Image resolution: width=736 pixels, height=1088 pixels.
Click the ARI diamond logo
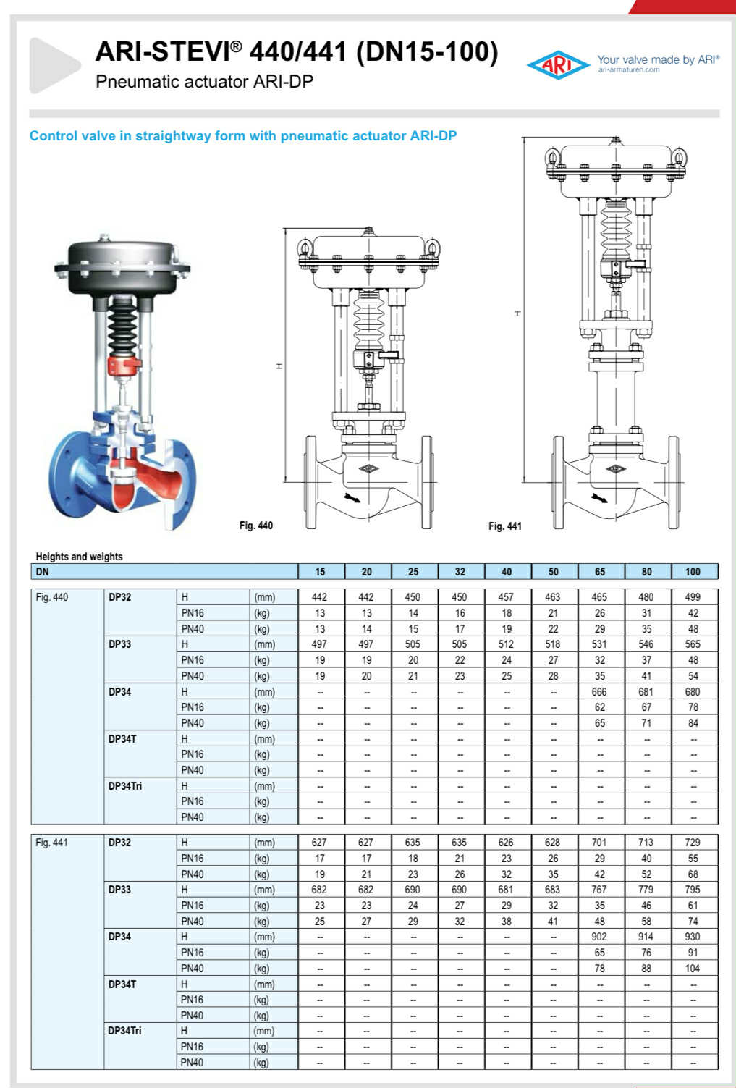click(x=558, y=65)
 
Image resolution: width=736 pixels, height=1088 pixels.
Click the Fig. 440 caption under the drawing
click(x=255, y=526)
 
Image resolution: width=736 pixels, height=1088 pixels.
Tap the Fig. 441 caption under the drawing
click(x=504, y=526)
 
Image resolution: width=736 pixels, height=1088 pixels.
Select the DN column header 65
click(x=600, y=572)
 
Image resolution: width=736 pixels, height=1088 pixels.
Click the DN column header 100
click(x=693, y=572)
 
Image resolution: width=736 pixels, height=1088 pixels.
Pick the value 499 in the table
click(x=693, y=597)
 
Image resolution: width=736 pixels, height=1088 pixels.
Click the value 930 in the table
click(x=693, y=937)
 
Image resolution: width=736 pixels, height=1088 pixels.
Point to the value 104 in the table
click(x=693, y=969)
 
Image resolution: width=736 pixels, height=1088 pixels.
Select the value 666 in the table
click(x=599, y=692)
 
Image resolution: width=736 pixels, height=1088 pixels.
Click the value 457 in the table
click(x=506, y=597)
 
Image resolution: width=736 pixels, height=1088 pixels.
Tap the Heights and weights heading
click(x=79, y=557)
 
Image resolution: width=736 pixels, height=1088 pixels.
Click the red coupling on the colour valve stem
click(x=122, y=364)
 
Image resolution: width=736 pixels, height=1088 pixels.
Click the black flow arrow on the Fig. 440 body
click(x=354, y=499)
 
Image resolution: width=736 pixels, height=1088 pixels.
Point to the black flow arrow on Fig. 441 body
click(x=600, y=499)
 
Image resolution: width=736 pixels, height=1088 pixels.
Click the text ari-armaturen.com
click(x=629, y=70)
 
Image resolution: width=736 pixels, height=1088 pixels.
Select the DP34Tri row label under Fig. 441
click(x=124, y=1031)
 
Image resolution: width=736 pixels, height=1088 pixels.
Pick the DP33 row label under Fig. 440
click(x=119, y=644)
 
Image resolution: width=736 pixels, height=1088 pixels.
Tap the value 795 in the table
click(x=693, y=890)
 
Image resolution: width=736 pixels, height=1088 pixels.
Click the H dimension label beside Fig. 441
click(x=517, y=313)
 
